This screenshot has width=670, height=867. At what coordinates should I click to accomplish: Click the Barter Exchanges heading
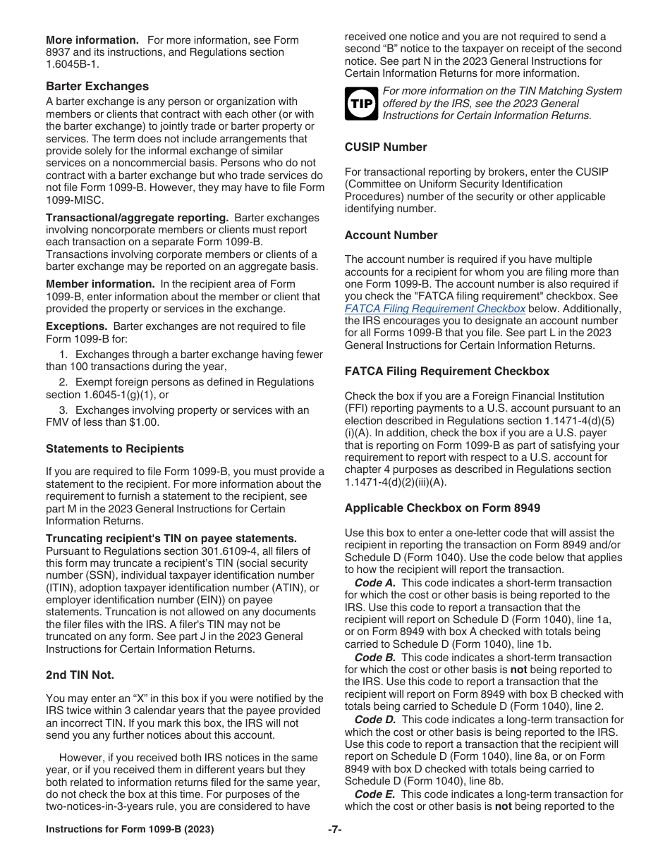click(x=97, y=86)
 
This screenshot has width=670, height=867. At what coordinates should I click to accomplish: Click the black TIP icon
click(x=361, y=104)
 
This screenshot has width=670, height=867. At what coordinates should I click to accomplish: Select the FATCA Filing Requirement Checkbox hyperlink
click(x=435, y=309)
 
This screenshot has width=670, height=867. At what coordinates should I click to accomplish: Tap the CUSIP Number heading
click(x=386, y=147)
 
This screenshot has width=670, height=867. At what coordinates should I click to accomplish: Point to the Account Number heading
click(x=391, y=235)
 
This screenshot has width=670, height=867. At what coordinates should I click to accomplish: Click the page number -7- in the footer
click(x=335, y=830)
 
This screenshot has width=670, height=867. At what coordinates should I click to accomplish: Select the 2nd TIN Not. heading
click(x=80, y=675)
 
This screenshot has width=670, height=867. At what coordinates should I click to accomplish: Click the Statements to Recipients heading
click(x=114, y=449)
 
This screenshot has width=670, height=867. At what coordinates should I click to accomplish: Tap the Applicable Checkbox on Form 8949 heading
click(x=443, y=508)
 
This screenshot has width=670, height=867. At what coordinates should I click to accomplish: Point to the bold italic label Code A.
click(x=374, y=583)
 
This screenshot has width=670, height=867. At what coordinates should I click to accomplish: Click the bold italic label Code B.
click(x=374, y=658)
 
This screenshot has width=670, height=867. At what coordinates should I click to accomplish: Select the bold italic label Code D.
click(x=374, y=720)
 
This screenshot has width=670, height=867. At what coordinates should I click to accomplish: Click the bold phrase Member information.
click(x=100, y=284)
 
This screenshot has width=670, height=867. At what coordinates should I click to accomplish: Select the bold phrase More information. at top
click(x=92, y=40)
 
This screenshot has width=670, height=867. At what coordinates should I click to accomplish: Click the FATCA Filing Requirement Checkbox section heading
click(x=446, y=371)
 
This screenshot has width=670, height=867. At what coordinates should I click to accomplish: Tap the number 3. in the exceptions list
click(x=63, y=410)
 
